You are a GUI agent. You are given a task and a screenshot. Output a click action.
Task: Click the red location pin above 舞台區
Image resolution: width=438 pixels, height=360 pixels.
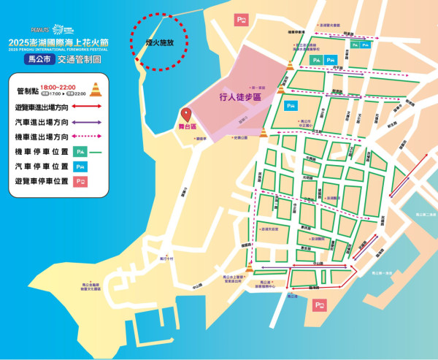pos(185,114)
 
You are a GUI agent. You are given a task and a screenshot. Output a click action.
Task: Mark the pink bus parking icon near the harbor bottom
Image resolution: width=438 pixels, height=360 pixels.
pos(319,305)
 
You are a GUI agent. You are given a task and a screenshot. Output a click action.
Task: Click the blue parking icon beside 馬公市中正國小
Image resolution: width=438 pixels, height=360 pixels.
pos(290,107)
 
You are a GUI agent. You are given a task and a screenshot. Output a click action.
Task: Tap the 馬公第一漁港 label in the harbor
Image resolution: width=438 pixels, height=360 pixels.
pos(385,273)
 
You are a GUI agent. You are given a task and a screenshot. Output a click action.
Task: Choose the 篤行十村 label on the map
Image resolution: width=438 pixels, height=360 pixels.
pos(166,258)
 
